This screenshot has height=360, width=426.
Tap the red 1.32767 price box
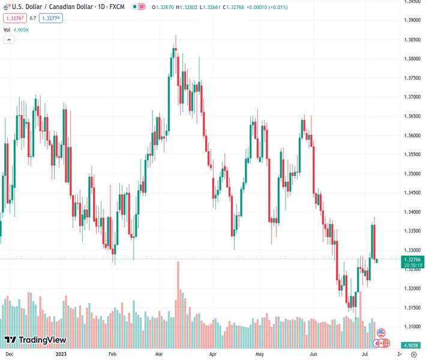click(x=14, y=18)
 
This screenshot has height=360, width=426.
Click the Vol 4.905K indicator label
click(x=15, y=29)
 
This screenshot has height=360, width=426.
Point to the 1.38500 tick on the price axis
click(x=412, y=40)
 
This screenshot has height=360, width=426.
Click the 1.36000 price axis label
click(x=412, y=136)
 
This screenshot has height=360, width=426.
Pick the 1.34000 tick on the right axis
click(x=412, y=212)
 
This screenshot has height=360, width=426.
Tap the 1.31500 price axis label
click(x=412, y=308)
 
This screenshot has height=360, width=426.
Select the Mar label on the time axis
click(x=159, y=355)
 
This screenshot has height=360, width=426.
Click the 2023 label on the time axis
click(x=61, y=355)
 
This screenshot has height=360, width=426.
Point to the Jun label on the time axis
click(x=313, y=355)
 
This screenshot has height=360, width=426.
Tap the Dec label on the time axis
click(x=9, y=355)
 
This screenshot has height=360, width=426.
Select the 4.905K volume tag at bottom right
click(x=412, y=346)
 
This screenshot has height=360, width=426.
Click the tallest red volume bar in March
click(x=178, y=300)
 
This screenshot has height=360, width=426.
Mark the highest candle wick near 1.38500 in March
click(x=175, y=37)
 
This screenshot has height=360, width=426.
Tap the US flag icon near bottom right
click(x=381, y=332)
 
